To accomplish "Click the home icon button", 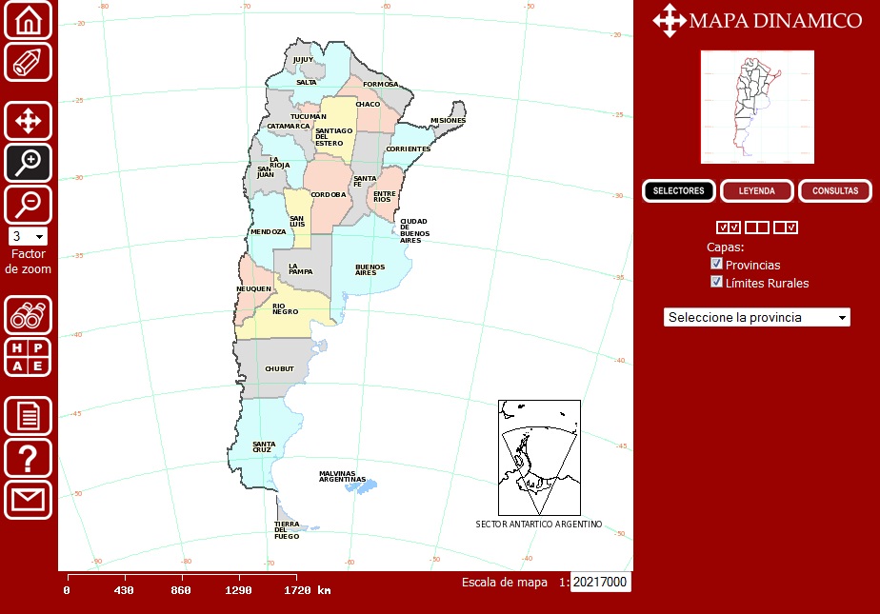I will [28, 20].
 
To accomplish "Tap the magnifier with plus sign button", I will [28, 163].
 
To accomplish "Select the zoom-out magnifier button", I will [28, 204].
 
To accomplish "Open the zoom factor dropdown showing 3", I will [28, 236].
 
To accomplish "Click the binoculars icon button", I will [28, 315].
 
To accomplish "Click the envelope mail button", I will [28, 500].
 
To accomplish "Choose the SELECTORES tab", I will [678, 191].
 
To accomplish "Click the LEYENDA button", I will [756, 191].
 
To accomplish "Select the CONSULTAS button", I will [834, 191].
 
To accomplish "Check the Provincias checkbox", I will [717, 264].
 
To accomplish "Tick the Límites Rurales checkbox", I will [717, 282].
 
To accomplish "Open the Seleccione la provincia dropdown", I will [756, 317].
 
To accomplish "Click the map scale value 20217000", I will [600, 582].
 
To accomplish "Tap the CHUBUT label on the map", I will [279, 368].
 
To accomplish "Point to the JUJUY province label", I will [303, 60].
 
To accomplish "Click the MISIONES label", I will [448, 121].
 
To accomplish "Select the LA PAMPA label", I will [300, 269].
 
